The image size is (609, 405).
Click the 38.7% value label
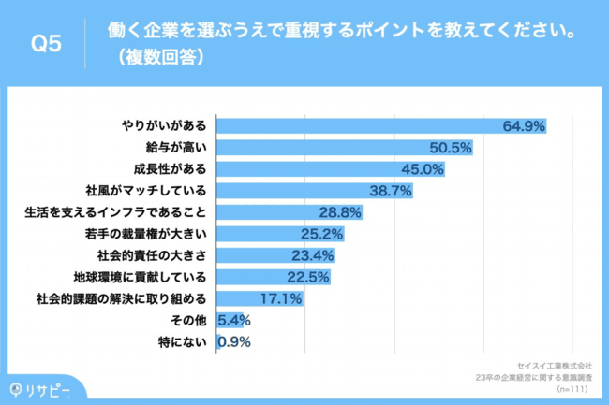[391, 190]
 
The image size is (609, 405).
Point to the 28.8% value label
[340, 212]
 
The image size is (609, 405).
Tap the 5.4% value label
[232, 321]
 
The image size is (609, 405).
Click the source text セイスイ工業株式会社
[554, 366]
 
